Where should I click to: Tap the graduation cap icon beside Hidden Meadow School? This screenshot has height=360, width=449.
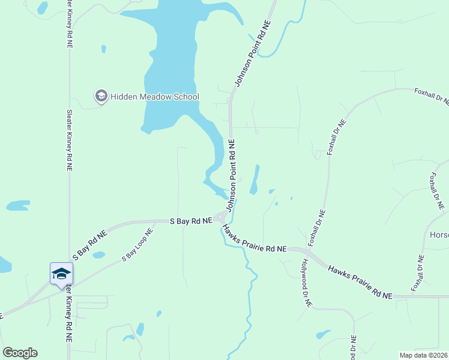tap(101, 96)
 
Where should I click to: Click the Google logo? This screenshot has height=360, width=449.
tap(20, 353)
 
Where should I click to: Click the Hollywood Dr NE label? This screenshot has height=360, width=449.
tap(307, 284)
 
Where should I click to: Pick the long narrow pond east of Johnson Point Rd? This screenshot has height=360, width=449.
tap(255, 180)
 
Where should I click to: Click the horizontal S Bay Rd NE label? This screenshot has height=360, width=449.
tap(191, 221)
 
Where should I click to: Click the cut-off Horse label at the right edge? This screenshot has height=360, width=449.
tap(439, 235)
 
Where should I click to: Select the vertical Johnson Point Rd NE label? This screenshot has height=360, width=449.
tap(232, 175)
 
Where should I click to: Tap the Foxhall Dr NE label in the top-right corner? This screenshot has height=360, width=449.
tap(431, 96)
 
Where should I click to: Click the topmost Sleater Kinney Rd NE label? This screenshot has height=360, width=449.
tap(71, 24)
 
